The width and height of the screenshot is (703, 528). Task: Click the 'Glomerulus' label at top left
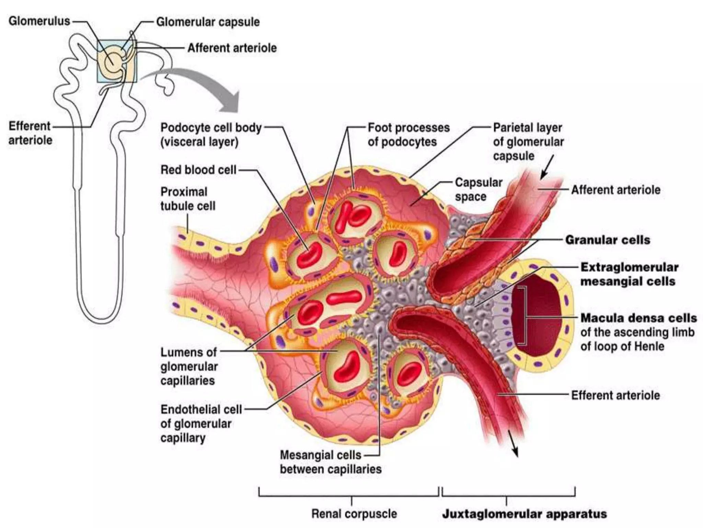tap(39, 21)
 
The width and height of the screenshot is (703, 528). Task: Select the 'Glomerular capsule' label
tap(208, 22)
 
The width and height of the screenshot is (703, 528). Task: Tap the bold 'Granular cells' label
tap(608, 240)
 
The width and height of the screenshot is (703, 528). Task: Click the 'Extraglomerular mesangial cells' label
tap(629, 274)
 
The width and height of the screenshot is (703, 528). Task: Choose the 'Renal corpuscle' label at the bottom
tap(354, 514)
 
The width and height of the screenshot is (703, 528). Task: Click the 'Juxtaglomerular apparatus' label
tap(524, 514)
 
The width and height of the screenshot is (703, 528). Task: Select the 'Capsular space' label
tap(478, 189)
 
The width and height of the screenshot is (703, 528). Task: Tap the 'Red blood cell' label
tap(198, 170)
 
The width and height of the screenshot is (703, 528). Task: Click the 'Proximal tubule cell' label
tap(188, 199)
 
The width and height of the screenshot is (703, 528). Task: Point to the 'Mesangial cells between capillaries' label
tap(330, 462)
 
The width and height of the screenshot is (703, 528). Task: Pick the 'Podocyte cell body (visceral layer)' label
tap(211, 135)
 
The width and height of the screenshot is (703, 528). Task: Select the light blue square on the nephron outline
tap(117, 62)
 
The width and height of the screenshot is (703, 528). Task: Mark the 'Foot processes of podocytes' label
tap(408, 135)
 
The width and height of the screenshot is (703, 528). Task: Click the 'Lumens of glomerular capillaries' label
tap(189, 366)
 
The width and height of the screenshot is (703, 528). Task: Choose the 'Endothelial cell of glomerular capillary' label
tap(201, 423)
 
